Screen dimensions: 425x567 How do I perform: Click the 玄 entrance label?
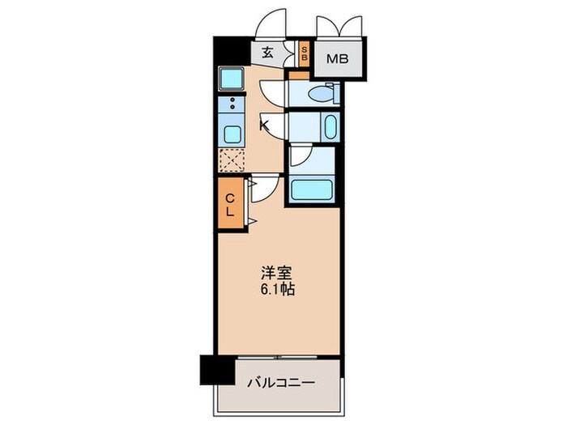coord(266,54)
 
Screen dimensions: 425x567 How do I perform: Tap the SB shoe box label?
coord(304,54)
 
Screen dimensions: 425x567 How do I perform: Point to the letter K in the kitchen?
coord(264,125)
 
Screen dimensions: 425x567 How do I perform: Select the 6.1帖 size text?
coord(277,290)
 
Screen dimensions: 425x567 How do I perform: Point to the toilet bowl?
coord(322,93)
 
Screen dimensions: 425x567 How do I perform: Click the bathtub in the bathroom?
coord(312,191)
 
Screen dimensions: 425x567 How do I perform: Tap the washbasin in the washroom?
coord(330,127)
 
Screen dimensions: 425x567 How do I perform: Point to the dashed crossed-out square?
coord(232,160)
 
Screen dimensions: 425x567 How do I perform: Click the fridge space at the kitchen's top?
coord(232,79)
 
